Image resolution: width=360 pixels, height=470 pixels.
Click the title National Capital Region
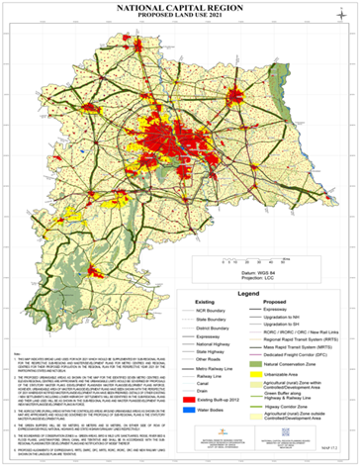tap(179, 7)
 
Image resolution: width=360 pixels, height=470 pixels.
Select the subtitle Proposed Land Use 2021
tap(179, 17)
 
